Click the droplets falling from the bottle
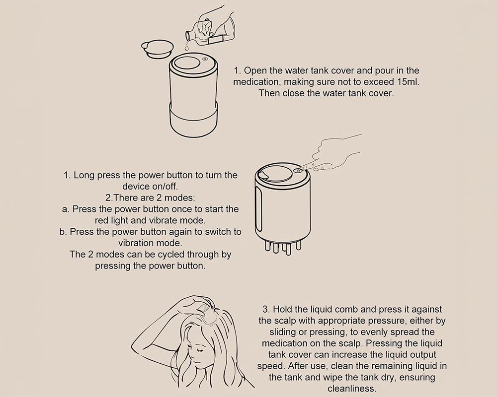pyautogui.click(x=187, y=46)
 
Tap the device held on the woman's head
pyautogui.click(x=205, y=310)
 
